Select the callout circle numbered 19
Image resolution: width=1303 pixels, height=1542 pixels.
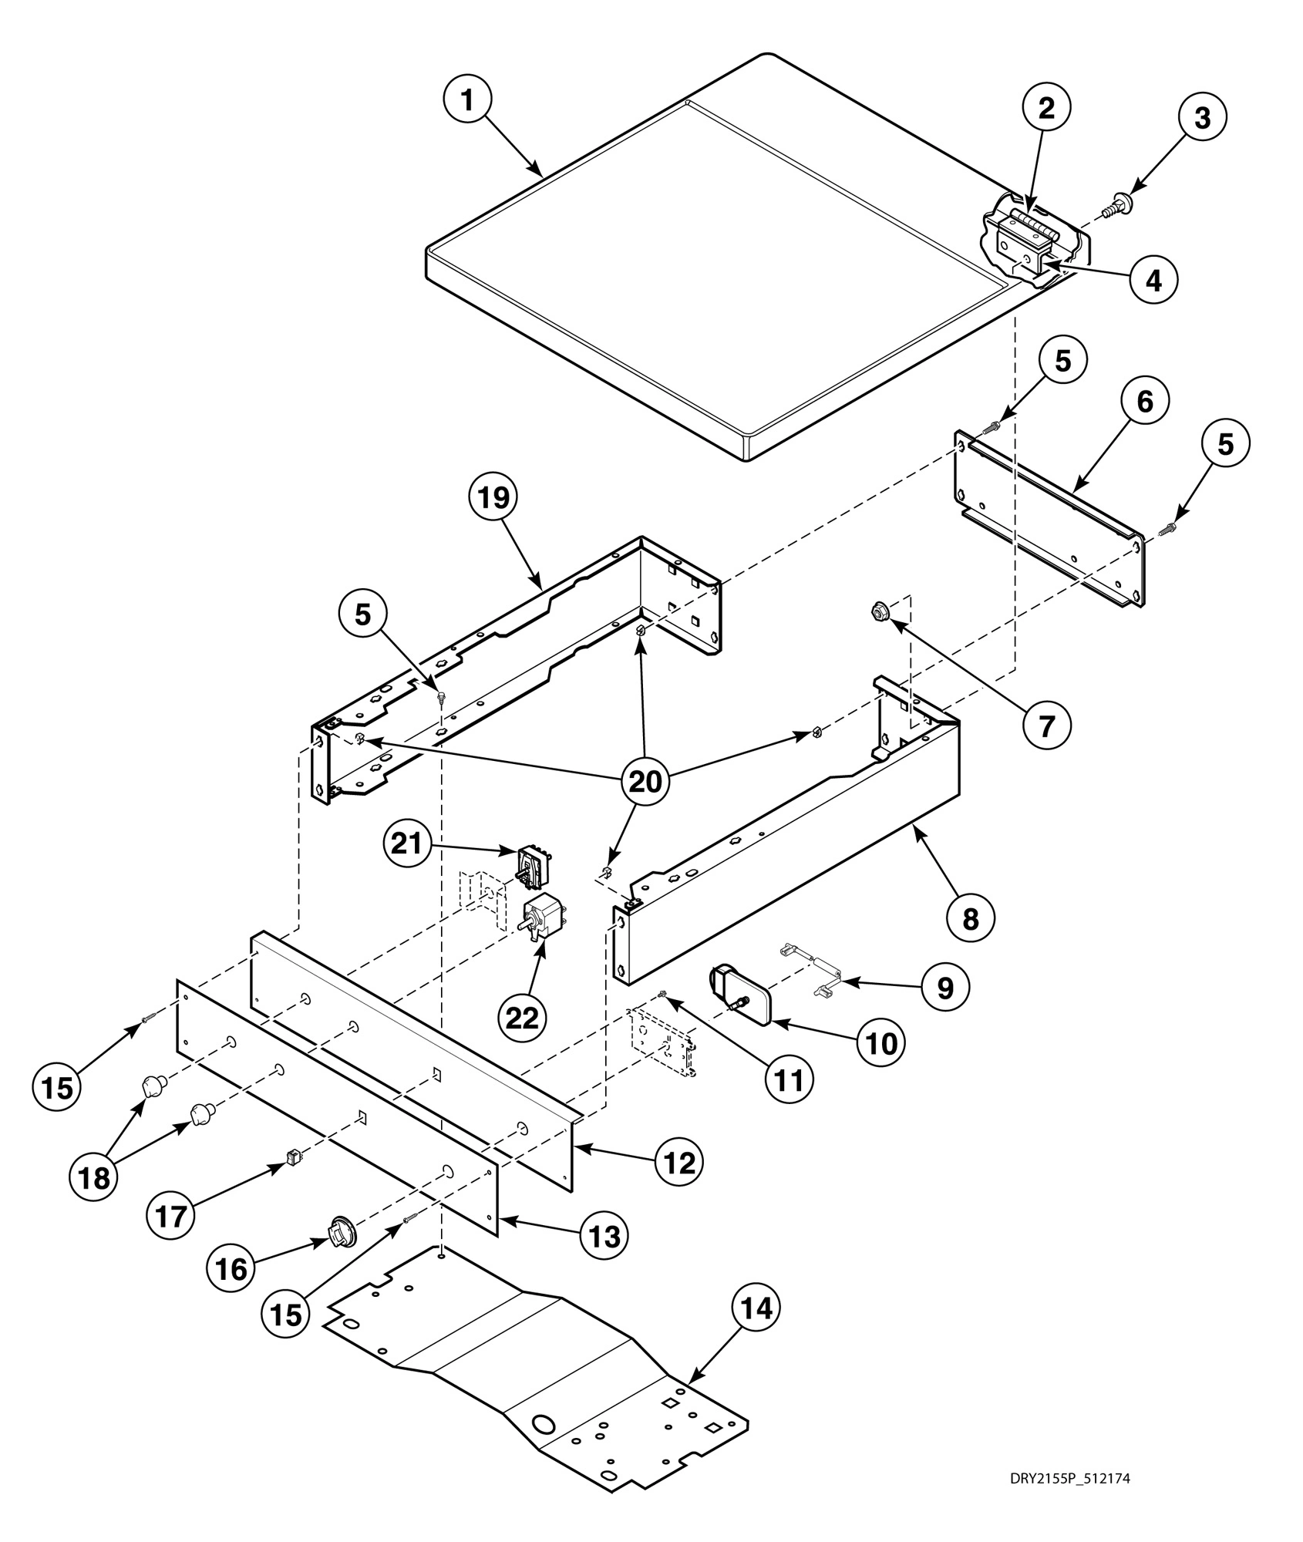(x=493, y=498)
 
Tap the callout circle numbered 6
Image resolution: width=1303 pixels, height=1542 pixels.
(x=1145, y=401)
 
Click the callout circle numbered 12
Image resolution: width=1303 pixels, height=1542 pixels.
(x=680, y=1162)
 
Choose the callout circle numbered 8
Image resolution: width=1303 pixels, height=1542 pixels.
(x=970, y=917)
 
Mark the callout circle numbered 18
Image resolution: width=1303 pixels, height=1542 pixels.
(x=94, y=1177)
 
